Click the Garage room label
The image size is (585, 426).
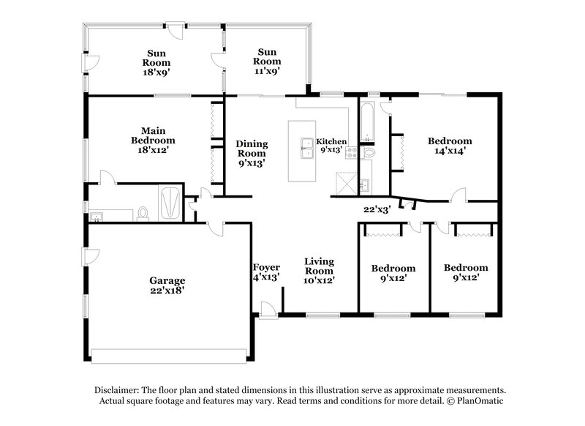click(x=167, y=285)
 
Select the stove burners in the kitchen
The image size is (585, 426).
click(x=351, y=153)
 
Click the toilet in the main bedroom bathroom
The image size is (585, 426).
click(x=143, y=213)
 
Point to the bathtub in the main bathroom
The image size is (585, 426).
click(x=170, y=203)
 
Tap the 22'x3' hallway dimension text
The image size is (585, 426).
click(x=377, y=209)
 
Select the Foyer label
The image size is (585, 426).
click(x=265, y=272)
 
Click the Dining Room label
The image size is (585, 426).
click(x=251, y=154)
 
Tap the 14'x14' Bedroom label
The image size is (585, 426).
click(x=449, y=146)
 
